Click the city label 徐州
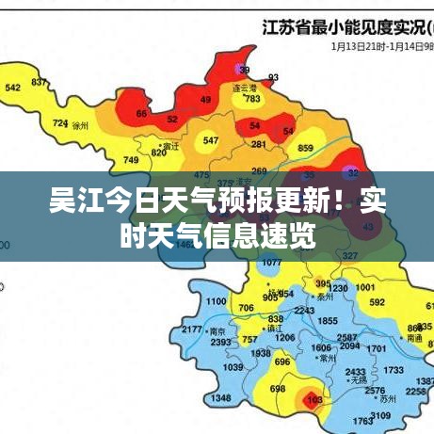(x=80, y=124)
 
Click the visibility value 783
(x=251, y=99)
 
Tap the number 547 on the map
(x=211, y=141)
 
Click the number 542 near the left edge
(x=13, y=88)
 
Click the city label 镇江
(x=275, y=329)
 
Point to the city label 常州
(x=329, y=359)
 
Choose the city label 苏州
(x=385, y=399)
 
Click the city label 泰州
(x=326, y=296)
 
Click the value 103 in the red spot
(x=314, y=400)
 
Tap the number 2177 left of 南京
(x=192, y=330)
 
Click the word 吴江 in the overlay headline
(x=74, y=201)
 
